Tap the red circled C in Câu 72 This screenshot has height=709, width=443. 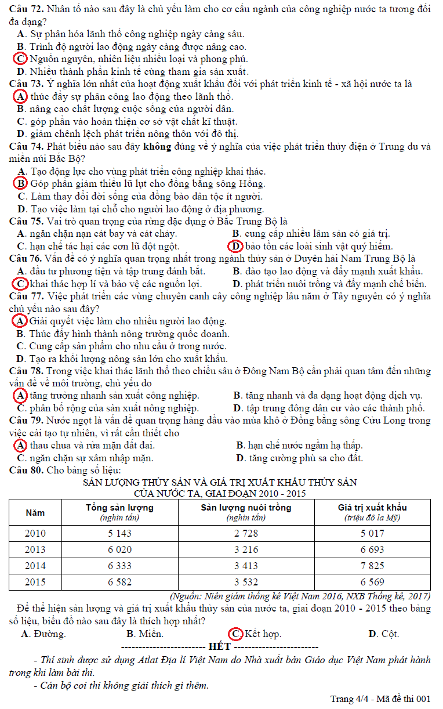click(x=20, y=59)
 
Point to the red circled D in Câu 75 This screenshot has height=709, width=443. click(x=234, y=246)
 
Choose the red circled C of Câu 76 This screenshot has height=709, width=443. click(x=20, y=284)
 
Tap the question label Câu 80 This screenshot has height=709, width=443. click(x=26, y=470)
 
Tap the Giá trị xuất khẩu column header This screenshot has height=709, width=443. click(x=372, y=508)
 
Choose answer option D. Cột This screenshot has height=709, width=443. click(x=383, y=634)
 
